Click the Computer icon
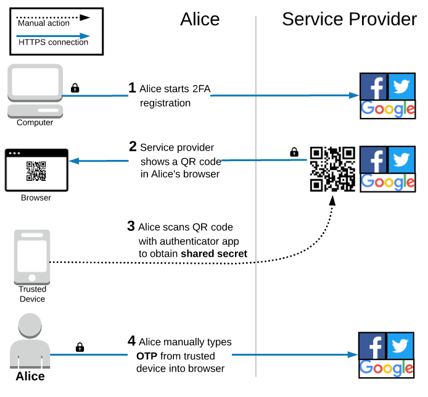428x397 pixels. click(35, 91)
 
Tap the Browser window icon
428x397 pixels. click(36, 170)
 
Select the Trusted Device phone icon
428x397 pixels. click(32, 257)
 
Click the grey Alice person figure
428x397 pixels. click(30, 340)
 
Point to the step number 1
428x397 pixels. click(132, 88)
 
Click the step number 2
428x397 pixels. click(133, 146)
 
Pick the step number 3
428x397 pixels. click(131, 226)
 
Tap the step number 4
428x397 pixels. click(131, 341)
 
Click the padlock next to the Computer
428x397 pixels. click(75, 88)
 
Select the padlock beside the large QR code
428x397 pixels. click(294, 152)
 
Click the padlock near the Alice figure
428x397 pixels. click(80, 347)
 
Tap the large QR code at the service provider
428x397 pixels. click(332, 169)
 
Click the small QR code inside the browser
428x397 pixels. click(36, 171)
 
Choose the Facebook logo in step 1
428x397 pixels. click(374, 86)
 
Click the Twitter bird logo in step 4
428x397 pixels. click(400, 346)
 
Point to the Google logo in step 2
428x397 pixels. click(388, 183)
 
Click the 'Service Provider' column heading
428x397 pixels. click(350, 19)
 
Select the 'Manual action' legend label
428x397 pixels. click(44, 23)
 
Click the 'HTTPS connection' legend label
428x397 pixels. click(53, 43)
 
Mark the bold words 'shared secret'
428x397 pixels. click(214, 254)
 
